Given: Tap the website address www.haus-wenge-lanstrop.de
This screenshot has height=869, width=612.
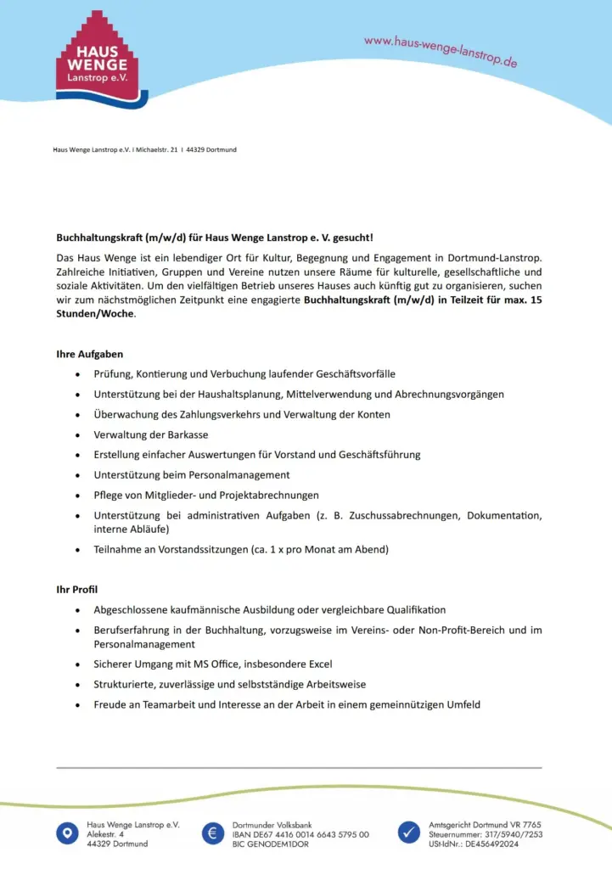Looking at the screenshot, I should click(441, 52).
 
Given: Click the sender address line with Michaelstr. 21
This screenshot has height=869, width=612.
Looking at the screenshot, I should click(145, 149).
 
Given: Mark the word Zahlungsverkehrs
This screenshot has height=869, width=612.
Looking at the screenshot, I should click(200, 414).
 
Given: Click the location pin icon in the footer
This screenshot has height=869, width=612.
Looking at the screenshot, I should click(67, 833).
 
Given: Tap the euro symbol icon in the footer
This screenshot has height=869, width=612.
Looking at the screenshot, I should click(213, 833).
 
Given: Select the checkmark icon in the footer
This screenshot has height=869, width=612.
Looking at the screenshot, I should click(410, 833).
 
